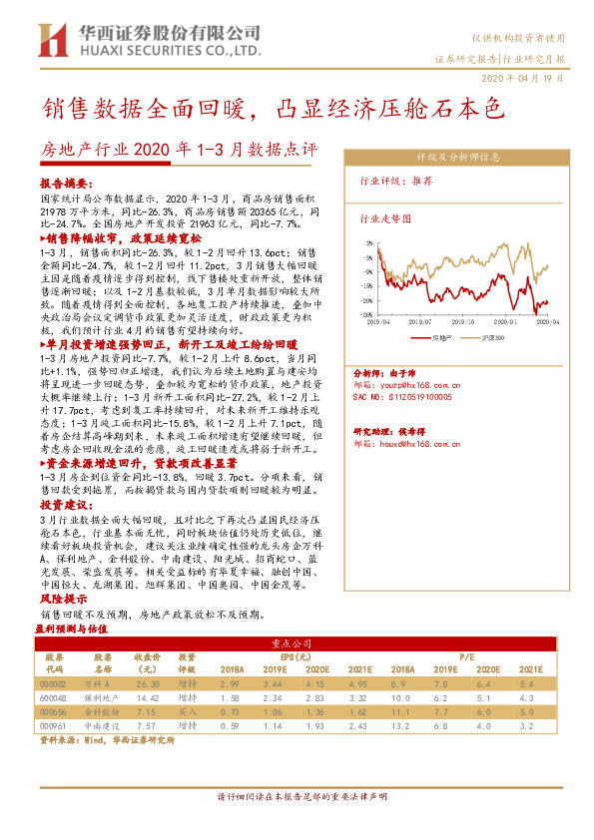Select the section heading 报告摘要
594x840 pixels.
click(62, 185)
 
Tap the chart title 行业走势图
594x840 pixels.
click(384, 217)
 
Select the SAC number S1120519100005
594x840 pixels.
click(410, 367)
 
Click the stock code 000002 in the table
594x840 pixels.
click(53, 684)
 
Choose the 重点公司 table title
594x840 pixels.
click(297, 644)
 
